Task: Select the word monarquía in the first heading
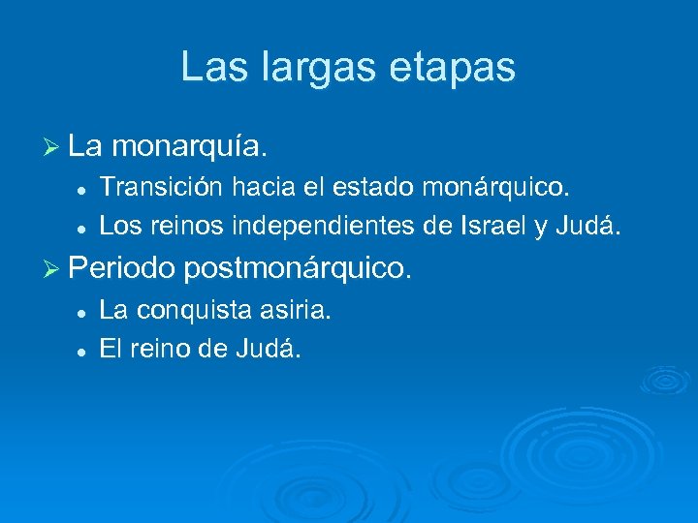point(188,147)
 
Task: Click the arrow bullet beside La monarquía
point(53,147)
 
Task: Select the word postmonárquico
point(298,264)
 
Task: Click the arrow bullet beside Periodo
point(53,264)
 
